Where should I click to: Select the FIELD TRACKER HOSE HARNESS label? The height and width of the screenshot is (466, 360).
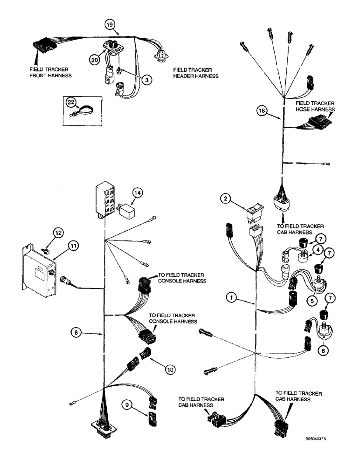[316, 106]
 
